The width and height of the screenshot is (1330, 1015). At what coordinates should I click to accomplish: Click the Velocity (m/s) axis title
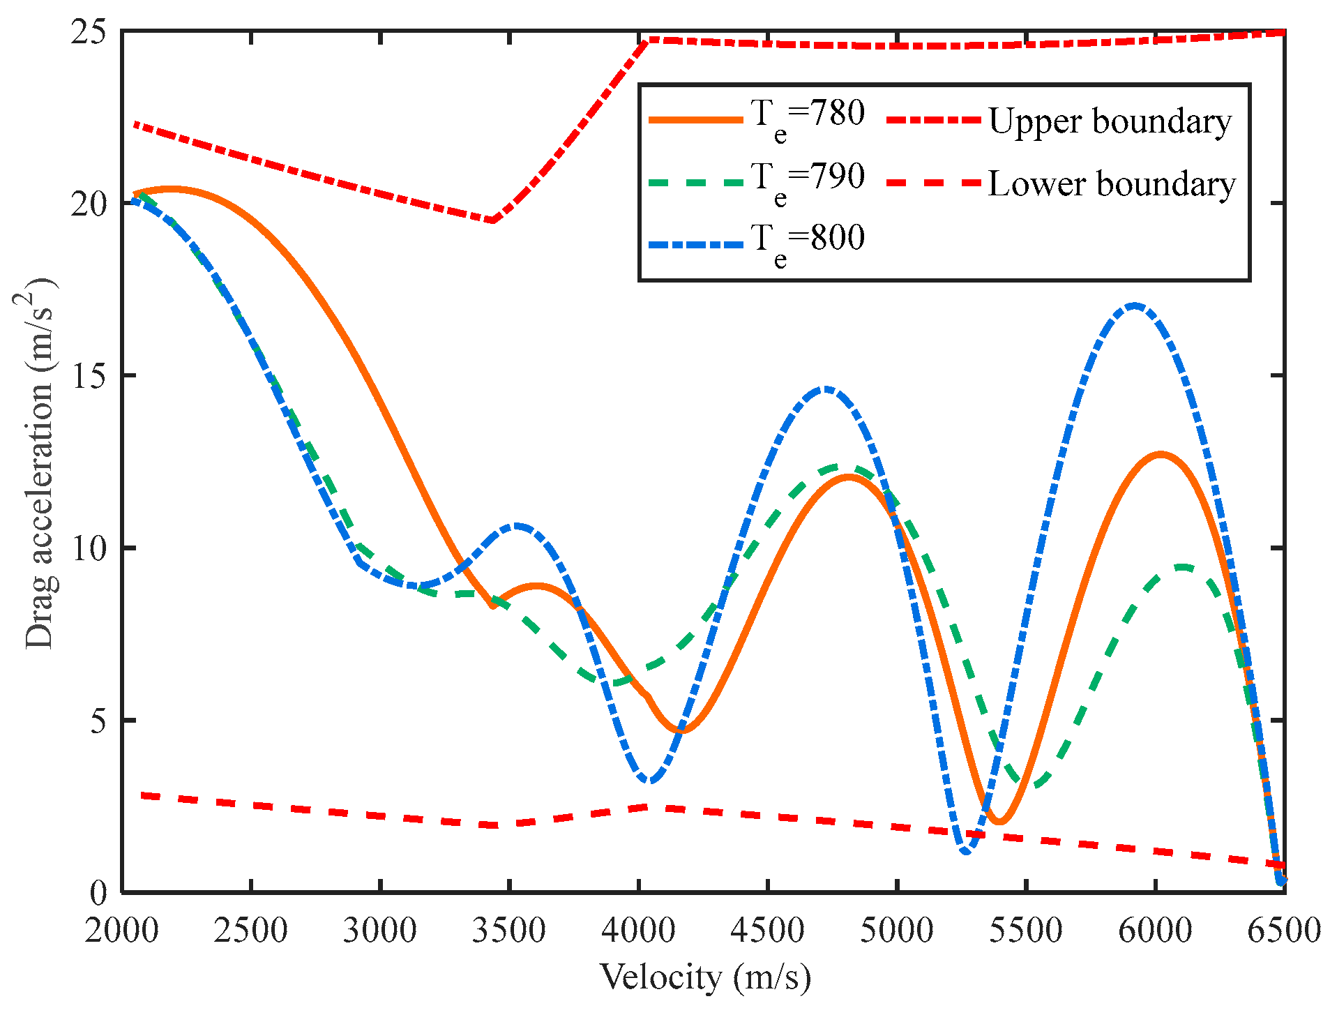(705, 977)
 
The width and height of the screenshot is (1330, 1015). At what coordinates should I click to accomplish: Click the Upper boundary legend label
(1110, 122)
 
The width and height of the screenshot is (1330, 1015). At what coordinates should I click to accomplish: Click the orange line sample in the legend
(695, 120)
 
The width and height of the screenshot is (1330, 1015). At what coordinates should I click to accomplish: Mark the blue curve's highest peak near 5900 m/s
(1134, 306)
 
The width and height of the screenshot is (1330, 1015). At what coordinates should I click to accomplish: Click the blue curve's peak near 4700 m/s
(826, 389)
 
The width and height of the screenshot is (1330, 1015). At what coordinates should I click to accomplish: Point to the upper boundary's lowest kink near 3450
(492, 220)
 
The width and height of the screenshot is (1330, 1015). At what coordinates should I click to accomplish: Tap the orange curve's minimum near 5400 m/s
(999, 822)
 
